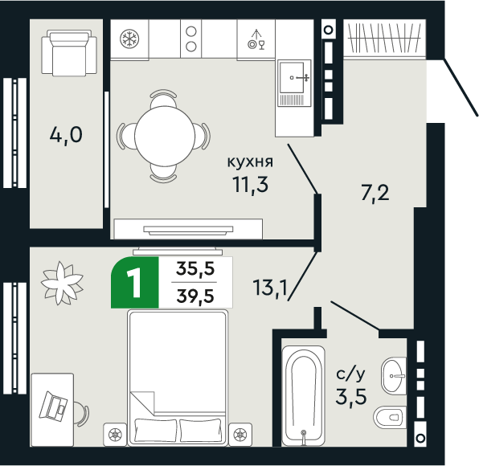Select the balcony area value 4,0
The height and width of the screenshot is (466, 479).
[66, 134]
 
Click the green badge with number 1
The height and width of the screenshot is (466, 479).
[133, 283]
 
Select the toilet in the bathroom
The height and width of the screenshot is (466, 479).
[392, 417]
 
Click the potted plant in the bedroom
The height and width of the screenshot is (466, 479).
[63, 280]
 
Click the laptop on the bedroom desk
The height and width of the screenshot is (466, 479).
[55, 406]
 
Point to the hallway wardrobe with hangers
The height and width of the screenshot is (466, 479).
[383, 38]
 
